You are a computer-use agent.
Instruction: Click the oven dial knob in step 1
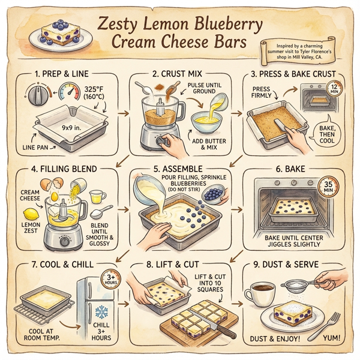[x=37, y=96]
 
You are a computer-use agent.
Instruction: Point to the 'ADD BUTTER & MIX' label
[x=206, y=145]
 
